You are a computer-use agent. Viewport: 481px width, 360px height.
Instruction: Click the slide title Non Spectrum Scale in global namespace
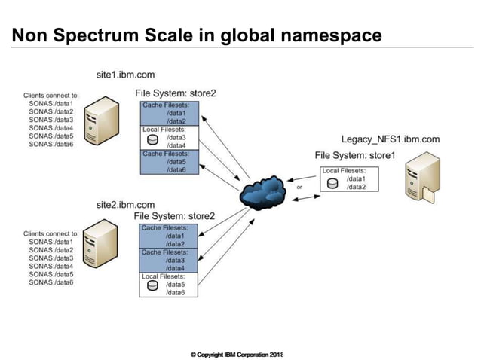(197, 35)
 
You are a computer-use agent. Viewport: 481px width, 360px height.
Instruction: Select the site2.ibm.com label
(125, 205)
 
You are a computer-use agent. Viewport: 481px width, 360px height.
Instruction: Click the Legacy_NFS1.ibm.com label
(391, 140)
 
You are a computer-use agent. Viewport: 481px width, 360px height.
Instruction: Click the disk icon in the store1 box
(332, 183)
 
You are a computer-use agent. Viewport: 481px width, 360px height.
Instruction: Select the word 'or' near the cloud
(299, 188)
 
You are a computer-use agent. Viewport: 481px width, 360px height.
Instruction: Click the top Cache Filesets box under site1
(170, 113)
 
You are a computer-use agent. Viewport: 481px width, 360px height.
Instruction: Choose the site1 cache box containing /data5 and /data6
(170, 162)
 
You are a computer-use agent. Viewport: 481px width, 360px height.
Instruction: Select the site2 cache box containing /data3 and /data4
(170, 260)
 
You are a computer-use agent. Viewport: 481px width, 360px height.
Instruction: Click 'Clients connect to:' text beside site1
(51, 96)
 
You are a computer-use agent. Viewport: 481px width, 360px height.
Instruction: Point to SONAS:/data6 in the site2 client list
(51, 282)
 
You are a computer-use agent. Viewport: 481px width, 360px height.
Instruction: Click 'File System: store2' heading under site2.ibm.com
(174, 216)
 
